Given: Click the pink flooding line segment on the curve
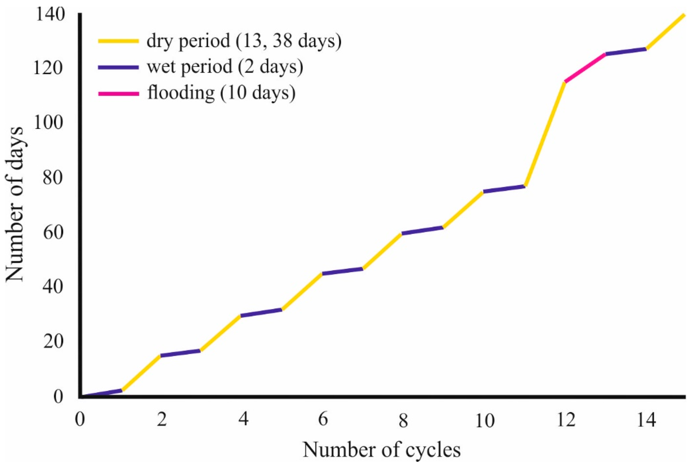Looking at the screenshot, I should (584, 68).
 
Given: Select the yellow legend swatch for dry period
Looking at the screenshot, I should (119, 41).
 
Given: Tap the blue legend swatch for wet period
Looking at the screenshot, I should (119, 67).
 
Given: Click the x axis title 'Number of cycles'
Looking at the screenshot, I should (382, 450).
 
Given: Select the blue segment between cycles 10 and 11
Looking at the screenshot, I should (504, 189).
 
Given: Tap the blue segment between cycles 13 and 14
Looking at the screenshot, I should (626, 51).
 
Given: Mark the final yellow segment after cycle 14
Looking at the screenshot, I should (665, 32).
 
